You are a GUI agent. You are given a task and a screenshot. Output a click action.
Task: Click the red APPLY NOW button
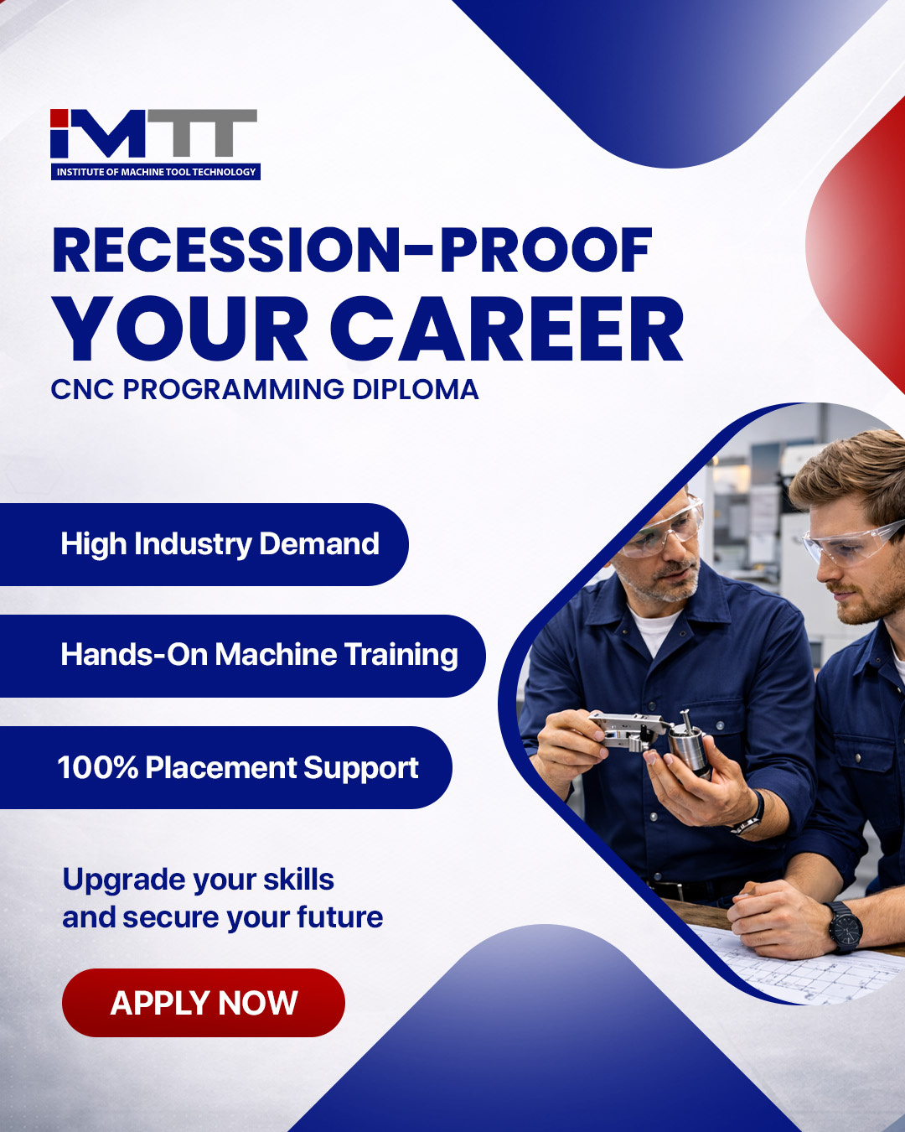coord(204,1003)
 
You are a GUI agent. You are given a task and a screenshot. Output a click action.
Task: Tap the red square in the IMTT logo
coord(59,118)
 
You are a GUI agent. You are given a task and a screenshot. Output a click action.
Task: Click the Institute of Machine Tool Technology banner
coord(156,172)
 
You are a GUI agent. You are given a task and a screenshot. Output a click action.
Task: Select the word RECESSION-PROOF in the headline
coord(352,250)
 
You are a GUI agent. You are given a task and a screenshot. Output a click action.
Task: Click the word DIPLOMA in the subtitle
coord(416,389)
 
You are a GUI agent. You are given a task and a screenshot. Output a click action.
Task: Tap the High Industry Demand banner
coord(204,544)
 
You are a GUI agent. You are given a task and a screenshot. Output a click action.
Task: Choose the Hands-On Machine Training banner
coord(242,656)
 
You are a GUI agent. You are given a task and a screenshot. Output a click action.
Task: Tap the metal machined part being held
coord(652,736)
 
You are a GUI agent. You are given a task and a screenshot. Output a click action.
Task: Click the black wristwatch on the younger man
coord(845,927)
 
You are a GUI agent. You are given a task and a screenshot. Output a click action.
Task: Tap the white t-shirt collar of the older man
coord(654,629)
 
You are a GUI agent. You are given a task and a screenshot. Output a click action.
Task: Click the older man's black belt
coord(694,889)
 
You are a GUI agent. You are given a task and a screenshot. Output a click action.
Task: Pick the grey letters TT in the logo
coord(203,132)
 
